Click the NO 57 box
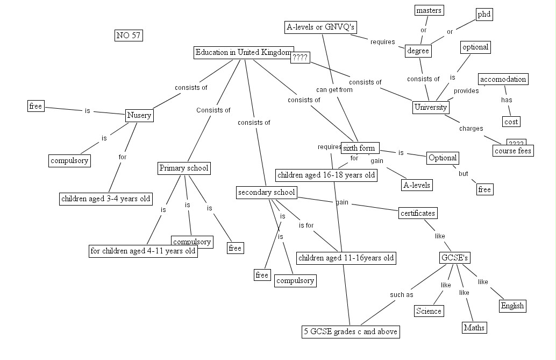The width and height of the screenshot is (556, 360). (x=129, y=36)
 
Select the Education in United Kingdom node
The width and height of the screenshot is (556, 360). (x=243, y=53)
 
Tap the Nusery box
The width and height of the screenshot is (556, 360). (x=139, y=115)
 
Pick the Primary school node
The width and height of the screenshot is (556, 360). (x=183, y=168)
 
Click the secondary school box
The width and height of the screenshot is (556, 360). (x=266, y=193)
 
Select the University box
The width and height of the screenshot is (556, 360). (x=431, y=107)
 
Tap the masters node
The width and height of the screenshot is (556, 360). (x=429, y=10)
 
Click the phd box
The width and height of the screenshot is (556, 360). (x=484, y=15)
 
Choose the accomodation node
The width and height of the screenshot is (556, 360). (x=503, y=80)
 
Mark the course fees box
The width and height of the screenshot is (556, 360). (x=512, y=151)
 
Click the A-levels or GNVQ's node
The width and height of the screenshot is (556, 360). (x=321, y=27)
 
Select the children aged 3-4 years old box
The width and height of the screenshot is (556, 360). (x=106, y=199)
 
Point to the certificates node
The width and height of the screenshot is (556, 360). (x=417, y=213)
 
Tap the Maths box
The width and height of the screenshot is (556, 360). (x=474, y=327)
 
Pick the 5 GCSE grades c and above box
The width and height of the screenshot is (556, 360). (x=351, y=331)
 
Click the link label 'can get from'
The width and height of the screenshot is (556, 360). (x=334, y=90)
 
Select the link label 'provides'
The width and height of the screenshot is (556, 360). (x=466, y=91)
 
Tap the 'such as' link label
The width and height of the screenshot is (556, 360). (x=401, y=295)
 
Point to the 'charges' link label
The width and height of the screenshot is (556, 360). (x=471, y=129)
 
